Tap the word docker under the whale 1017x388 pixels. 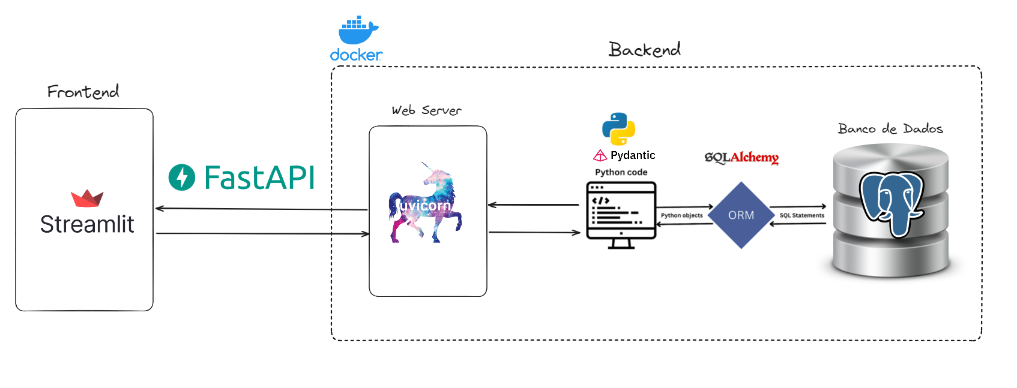pos(356,55)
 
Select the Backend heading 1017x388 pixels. pos(644,49)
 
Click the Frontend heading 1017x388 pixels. pos(83,92)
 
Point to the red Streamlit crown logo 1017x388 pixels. pos(87,198)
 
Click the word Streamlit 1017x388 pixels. pos(87,224)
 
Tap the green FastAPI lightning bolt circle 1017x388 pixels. pos(182,178)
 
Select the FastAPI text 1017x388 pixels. pos(259,178)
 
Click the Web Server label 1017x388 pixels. pos(426,110)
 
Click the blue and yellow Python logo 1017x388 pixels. pos(618,129)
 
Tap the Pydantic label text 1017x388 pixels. pos(633,155)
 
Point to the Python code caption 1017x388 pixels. pos(621,172)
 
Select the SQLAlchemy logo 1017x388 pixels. pos(741,157)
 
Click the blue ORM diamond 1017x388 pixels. pos(741,215)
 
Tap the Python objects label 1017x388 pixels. pos(681,215)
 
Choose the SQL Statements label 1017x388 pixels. pos(801,215)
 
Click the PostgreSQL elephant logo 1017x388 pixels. pos(890,203)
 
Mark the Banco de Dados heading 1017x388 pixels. pos(890,129)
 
